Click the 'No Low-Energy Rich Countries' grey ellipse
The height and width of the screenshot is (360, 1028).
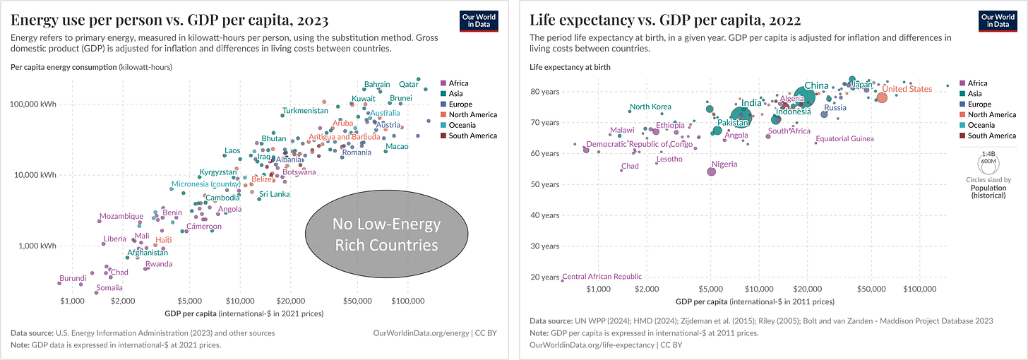coord(387,234)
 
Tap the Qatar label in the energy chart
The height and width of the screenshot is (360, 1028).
coord(410,85)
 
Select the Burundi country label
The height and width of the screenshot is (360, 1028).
coord(73,278)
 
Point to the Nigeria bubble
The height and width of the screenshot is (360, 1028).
coord(711,172)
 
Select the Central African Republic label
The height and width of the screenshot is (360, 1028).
coord(602,277)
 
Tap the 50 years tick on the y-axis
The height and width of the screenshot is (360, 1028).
coord(545,184)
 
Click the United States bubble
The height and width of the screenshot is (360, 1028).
coord(881,97)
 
